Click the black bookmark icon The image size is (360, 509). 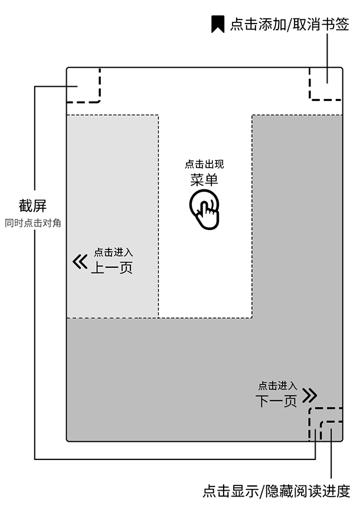[218, 24]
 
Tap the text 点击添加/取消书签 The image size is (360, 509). [290, 24]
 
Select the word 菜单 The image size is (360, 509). [204, 180]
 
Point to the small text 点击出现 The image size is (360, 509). [204, 165]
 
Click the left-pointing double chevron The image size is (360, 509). [80, 261]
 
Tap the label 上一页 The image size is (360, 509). [111, 268]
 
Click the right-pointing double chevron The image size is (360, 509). [309, 395]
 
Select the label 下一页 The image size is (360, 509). [276, 401]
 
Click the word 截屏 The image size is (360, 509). [32, 206]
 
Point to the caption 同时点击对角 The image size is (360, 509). [32, 224]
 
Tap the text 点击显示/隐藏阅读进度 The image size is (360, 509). [276, 491]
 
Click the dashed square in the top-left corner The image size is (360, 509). [83, 86]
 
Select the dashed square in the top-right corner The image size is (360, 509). [326, 84]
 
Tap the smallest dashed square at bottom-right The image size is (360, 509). [332, 432]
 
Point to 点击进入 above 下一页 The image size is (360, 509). [277, 386]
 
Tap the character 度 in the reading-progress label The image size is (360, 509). [343, 491]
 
